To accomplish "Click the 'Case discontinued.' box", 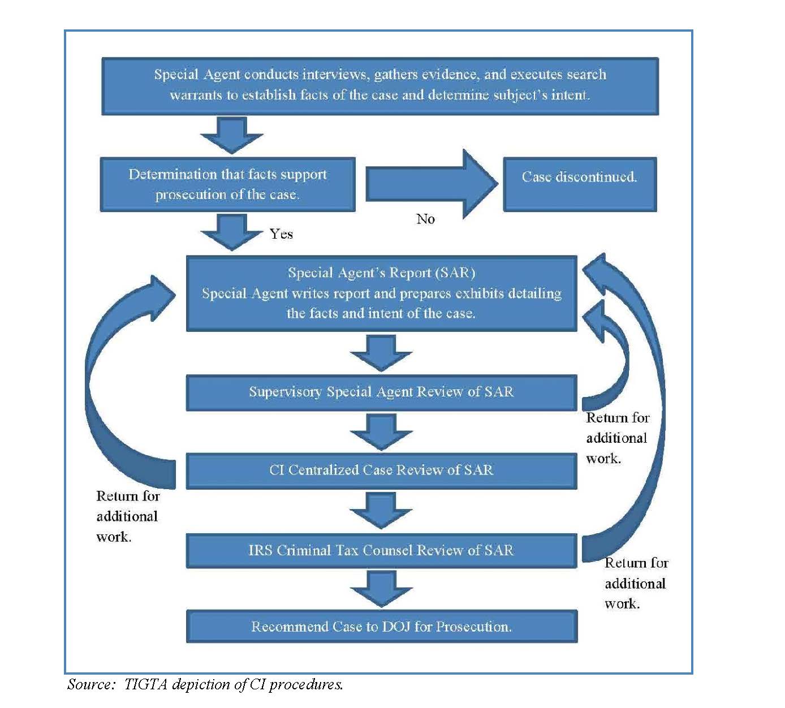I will coord(580,184).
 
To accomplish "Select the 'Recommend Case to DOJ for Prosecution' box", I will coord(382,627).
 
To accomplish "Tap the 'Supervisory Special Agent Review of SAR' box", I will coord(382,392).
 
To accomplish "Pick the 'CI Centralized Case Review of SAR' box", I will coord(382,470).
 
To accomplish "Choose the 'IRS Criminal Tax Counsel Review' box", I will coord(382,550).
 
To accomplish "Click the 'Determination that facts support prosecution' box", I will coord(227,184).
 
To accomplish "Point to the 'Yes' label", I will coord(281,234).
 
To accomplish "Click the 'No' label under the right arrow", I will coord(425,219).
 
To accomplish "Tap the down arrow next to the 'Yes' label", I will coord(231,232).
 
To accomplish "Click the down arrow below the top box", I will coord(231,135).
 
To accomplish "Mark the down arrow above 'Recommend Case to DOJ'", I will coord(381,589).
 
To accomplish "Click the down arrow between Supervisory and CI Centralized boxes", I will coord(381,431).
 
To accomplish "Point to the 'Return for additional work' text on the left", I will coord(127,516).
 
